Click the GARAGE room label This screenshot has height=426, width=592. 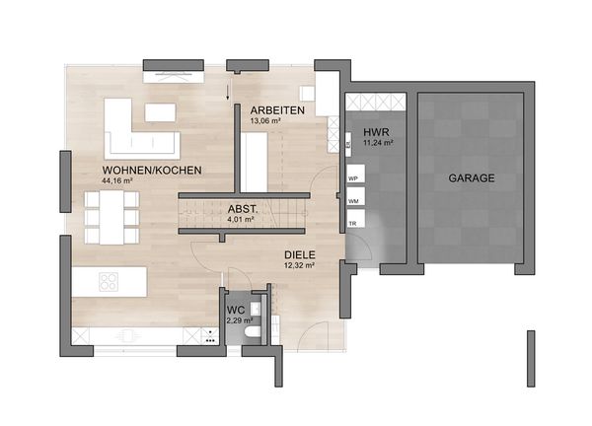pyautogui.click(x=472, y=177)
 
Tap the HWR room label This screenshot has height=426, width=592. pyautogui.click(x=376, y=132)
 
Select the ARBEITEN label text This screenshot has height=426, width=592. pyautogui.click(x=277, y=110)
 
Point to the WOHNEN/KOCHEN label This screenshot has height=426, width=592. pyautogui.click(x=152, y=171)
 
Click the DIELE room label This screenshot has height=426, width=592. pyautogui.click(x=300, y=255)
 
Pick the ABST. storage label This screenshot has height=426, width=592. pyautogui.click(x=243, y=209)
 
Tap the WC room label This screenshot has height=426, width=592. pyautogui.click(x=236, y=311)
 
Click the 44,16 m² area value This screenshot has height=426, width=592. pyautogui.click(x=117, y=180)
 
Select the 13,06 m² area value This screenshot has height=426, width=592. pyautogui.click(x=265, y=121)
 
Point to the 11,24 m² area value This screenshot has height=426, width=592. pyautogui.click(x=378, y=143)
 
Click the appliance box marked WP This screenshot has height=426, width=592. pyautogui.click(x=355, y=174)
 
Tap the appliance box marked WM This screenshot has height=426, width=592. pyautogui.click(x=355, y=196)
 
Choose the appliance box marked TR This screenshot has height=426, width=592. pyautogui.click(x=355, y=219)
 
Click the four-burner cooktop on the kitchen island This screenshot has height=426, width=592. pyautogui.click(x=109, y=282)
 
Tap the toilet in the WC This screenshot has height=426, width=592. pyautogui.click(x=253, y=332)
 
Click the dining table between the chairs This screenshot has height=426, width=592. pyautogui.click(x=111, y=217)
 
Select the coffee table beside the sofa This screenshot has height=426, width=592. pyautogui.click(x=160, y=112)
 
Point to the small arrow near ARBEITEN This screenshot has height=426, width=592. pyautogui.click(x=228, y=93)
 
